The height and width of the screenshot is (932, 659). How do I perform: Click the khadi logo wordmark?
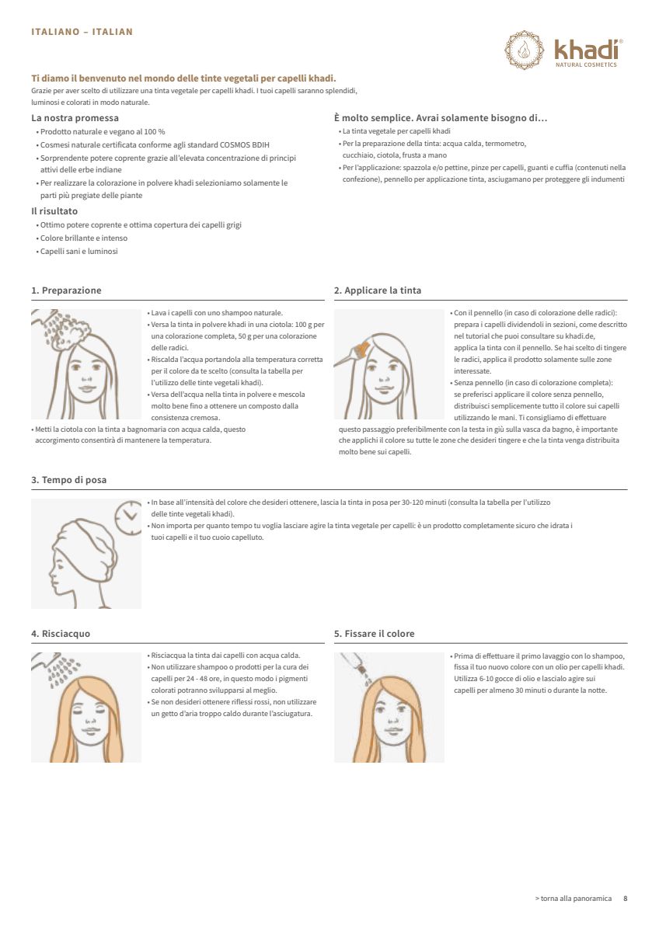click(x=587, y=50)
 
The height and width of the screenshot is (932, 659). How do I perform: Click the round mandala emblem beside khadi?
click(x=525, y=50)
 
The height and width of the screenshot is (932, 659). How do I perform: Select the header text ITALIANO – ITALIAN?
click(x=82, y=32)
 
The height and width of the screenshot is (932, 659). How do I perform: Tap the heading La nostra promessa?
click(x=75, y=118)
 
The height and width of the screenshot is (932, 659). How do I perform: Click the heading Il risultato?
click(x=54, y=211)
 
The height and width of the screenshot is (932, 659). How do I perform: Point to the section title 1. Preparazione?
click(x=66, y=290)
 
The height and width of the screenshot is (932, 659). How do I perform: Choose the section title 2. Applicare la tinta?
click(x=378, y=290)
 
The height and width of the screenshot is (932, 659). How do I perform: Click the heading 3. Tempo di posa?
click(x=69, y=480)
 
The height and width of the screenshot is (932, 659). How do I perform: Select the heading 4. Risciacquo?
click(x=61, y=634)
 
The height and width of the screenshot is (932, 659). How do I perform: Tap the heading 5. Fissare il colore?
click(x=375, y=634)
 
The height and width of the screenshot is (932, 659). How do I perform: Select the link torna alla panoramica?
click(x=574, y=899)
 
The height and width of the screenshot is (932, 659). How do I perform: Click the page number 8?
click(x=625, y=899)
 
